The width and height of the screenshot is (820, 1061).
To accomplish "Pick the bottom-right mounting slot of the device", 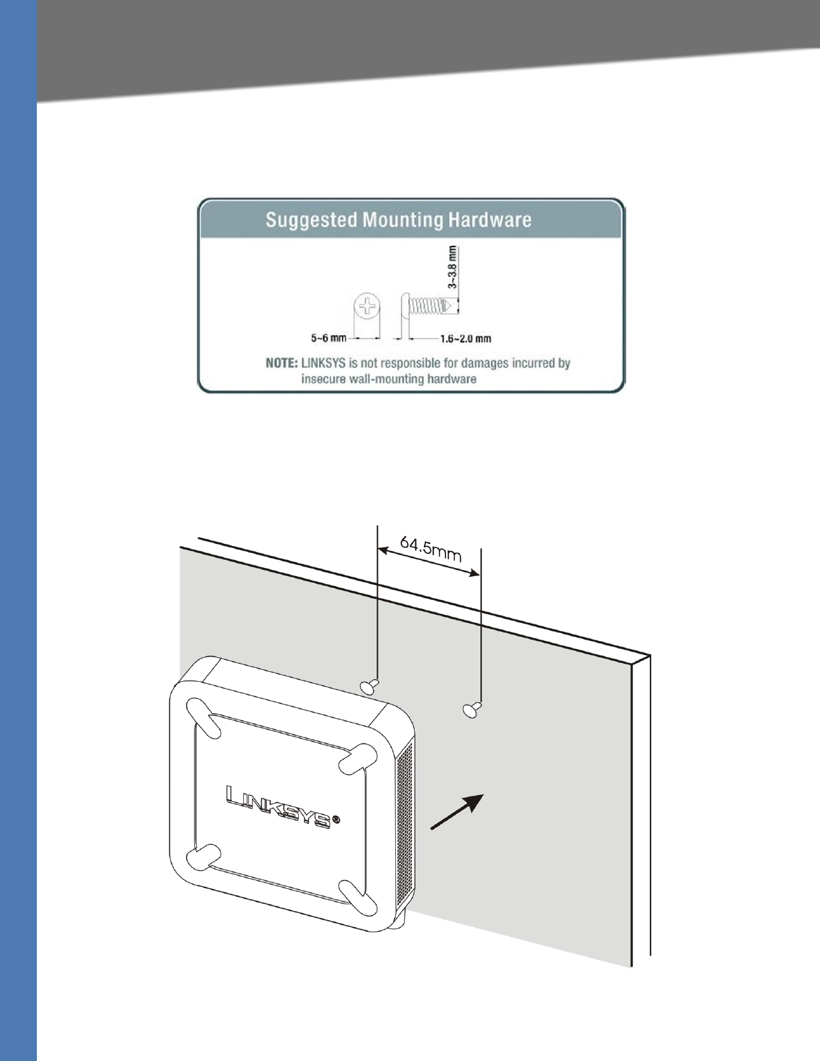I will coord(356,897).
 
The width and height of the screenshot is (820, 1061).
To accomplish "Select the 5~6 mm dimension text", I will coord(328,338).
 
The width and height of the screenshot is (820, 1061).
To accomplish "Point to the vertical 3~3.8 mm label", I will coord(454,267).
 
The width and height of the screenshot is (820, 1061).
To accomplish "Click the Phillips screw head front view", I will coord(367,307).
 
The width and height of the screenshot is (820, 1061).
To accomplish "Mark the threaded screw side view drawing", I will coord(429,306).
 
